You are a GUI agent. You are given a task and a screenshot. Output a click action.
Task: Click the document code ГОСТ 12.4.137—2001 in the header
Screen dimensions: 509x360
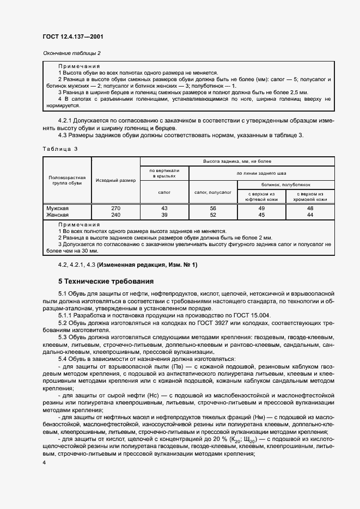(72, 37)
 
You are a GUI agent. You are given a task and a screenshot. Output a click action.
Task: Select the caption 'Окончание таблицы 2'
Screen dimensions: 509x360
(71, 53)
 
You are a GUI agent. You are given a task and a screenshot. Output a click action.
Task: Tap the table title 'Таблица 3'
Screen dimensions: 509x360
(60, 148)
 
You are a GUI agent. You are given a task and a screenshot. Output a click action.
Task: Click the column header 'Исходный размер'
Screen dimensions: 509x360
(115, 180)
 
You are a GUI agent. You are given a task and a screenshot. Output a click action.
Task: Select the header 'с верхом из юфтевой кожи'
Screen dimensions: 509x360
(261, 197)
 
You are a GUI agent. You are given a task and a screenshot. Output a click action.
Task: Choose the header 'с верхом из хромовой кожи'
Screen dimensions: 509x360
(310, 197)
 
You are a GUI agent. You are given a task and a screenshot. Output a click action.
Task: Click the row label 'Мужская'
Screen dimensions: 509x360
(58, 208)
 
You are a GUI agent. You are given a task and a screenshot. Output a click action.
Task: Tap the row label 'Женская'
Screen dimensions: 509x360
(58, 214)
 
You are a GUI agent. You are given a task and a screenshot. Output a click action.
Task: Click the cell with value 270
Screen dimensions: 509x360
(115, 208)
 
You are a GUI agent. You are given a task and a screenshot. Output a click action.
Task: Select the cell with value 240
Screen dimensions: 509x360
(115, 214)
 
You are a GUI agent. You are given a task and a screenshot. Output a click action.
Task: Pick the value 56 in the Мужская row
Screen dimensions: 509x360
(213, 208)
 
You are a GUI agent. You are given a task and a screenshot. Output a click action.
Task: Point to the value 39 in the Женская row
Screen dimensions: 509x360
(164, 214)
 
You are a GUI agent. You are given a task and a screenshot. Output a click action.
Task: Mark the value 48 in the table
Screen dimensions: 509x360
(310, 208)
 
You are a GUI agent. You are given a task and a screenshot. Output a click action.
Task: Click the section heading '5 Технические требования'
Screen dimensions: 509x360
(106, 282)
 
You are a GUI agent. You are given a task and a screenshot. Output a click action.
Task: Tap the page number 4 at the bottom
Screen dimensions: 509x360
(44, 462)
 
